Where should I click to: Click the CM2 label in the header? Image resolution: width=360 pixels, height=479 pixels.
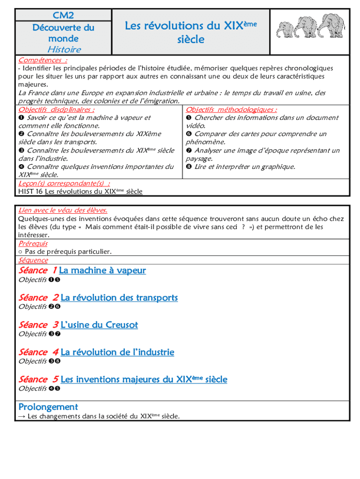64,15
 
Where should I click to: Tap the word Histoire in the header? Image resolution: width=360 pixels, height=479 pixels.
64,49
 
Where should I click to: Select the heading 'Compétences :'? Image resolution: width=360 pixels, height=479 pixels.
42,60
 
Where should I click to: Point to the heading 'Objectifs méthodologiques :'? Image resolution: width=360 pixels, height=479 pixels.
231,109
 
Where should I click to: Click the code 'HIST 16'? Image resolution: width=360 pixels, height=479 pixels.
30,191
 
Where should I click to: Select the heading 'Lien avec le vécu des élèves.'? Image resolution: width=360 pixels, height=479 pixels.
63,210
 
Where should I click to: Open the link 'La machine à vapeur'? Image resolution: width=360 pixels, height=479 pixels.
102,270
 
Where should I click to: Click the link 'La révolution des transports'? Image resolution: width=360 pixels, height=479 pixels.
119,298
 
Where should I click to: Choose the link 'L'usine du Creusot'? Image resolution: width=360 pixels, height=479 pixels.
99,325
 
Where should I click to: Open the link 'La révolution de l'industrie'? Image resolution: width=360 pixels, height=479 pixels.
117,352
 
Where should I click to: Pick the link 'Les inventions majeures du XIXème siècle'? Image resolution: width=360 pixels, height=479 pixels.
144,379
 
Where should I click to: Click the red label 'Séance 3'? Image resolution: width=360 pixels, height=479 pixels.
38,325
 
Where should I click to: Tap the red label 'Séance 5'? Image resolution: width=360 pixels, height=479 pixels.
38,379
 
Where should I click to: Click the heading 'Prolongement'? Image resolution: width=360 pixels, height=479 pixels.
48,407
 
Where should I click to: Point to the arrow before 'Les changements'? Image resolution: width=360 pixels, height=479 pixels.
22,416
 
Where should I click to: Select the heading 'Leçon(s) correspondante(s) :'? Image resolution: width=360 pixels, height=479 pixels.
65,183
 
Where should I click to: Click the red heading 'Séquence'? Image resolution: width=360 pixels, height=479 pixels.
33,260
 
